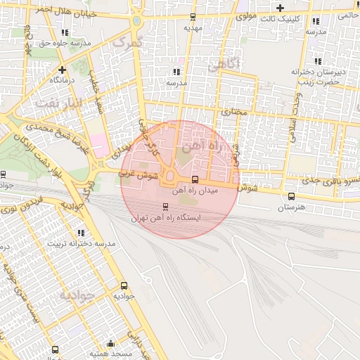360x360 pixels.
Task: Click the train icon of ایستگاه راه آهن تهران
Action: point(166,207)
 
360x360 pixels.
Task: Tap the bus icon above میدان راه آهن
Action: point(195,179)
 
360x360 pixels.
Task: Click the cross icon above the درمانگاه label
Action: point(63,70)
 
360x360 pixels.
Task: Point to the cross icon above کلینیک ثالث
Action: point(281,8)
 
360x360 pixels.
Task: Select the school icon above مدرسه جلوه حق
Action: point(65,32)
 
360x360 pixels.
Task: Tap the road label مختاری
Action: point(235,112)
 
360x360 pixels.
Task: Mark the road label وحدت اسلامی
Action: point(291,112)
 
